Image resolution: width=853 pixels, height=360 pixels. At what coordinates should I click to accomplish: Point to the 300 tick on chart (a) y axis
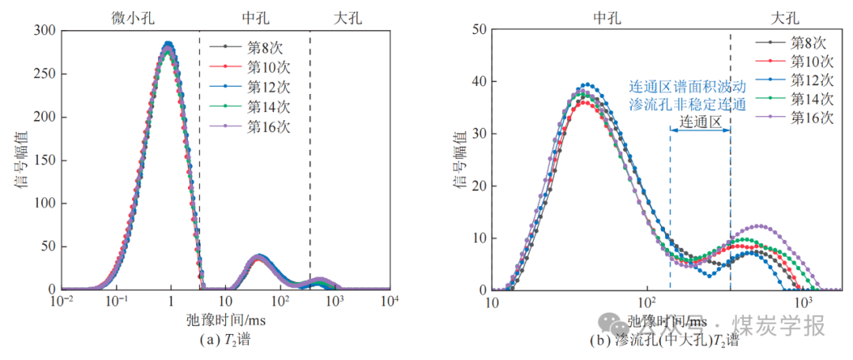(x=45, y=31)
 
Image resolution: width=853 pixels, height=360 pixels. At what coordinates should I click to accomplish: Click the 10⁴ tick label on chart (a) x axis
(x=389, y=302)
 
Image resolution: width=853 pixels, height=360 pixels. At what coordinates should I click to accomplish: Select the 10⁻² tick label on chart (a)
(x=62, y=302)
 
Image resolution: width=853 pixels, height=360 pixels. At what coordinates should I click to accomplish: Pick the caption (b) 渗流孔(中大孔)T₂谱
(x=666, y=342)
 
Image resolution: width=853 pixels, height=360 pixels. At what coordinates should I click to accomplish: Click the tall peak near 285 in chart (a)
(x=167, y=45)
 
